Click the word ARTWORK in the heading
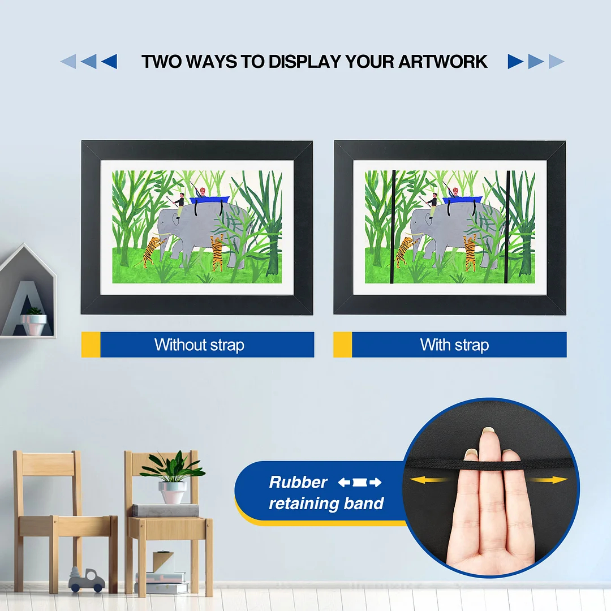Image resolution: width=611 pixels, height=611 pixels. pyautogui.click(x=443, y=62)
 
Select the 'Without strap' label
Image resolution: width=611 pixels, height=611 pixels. pyautogui.click(x=199, y=345)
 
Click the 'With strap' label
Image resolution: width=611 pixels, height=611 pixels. pyautogui.click(x=454, y=345)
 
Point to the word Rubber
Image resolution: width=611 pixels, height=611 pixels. pyautogui.click(x=298, y=483)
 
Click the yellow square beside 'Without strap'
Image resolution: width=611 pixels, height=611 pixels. pyautogui.click(x=91, y=345)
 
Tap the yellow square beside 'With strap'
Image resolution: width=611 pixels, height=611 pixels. pyautogui.click(x=342, y=345)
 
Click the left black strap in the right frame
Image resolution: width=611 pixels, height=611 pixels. pyautogui.click(x=393, y=226)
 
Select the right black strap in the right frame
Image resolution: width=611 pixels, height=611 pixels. pyautogui.click(x=507, y=226)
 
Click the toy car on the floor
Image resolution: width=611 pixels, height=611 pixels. pyautogui.click(x=87, y=580)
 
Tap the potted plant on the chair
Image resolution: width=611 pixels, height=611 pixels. pyautogui.click(x=172, y=478)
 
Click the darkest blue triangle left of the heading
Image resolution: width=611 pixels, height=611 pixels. pyautogui.click(x=109, y=61)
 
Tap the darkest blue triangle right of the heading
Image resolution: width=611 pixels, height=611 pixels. pyautogui.click(x=515, y=61)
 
